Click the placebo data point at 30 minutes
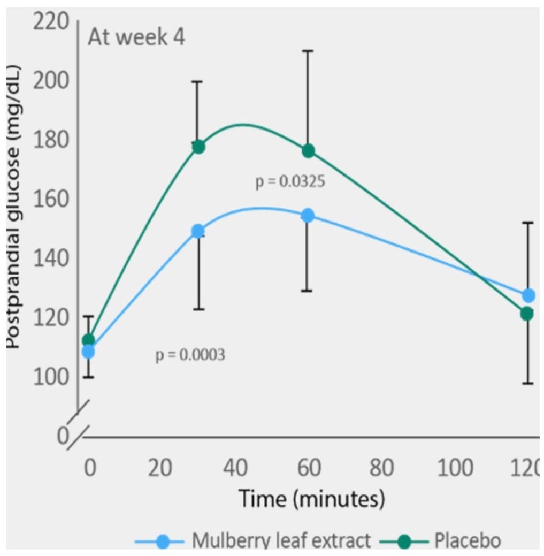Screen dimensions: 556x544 pyautogui.click(x=198, y=147)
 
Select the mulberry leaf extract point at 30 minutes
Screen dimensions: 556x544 pyautogui.click(x=198, y=231)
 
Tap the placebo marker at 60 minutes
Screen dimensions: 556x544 pyautogui.click(x=308, y=150)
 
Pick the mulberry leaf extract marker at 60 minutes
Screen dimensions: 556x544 pyautogui.click(x=308, y=215)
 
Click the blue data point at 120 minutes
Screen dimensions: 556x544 pyautogui.click(x=528, y=295)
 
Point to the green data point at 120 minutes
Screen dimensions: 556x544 pyautogui.click(x=527, y=313)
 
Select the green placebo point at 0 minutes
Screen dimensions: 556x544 pyautogui.click(x=88, y=340)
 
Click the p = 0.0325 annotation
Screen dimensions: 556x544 pyautogui.click(x=290, y=181)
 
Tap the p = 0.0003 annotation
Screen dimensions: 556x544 pyautogui.click(x=190, y=355)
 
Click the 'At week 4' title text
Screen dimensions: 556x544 pyautogui.click(x=136, y=39)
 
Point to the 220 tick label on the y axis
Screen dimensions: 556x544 pyautogui.click(x=51, y=22)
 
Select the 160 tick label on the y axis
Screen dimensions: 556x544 pyautogui.click(x=51, y=200)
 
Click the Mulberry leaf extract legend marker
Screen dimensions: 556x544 pyautogui.click(x=164, y=542)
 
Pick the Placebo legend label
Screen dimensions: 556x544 pyautogui.click(x=468, y=540)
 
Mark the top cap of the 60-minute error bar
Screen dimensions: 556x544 pyautogui.click(x=308, y=51)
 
